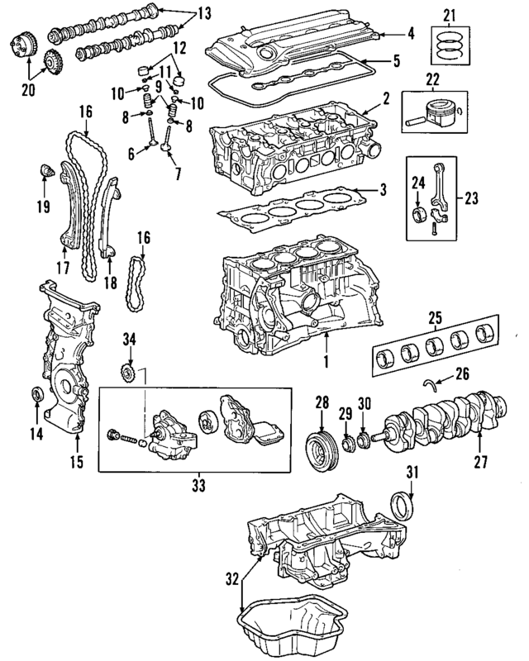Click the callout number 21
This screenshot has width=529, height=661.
(x=449, y=14)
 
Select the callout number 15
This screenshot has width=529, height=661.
(x=76, y=462)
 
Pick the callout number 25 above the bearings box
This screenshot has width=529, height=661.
(x=432, y=316)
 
